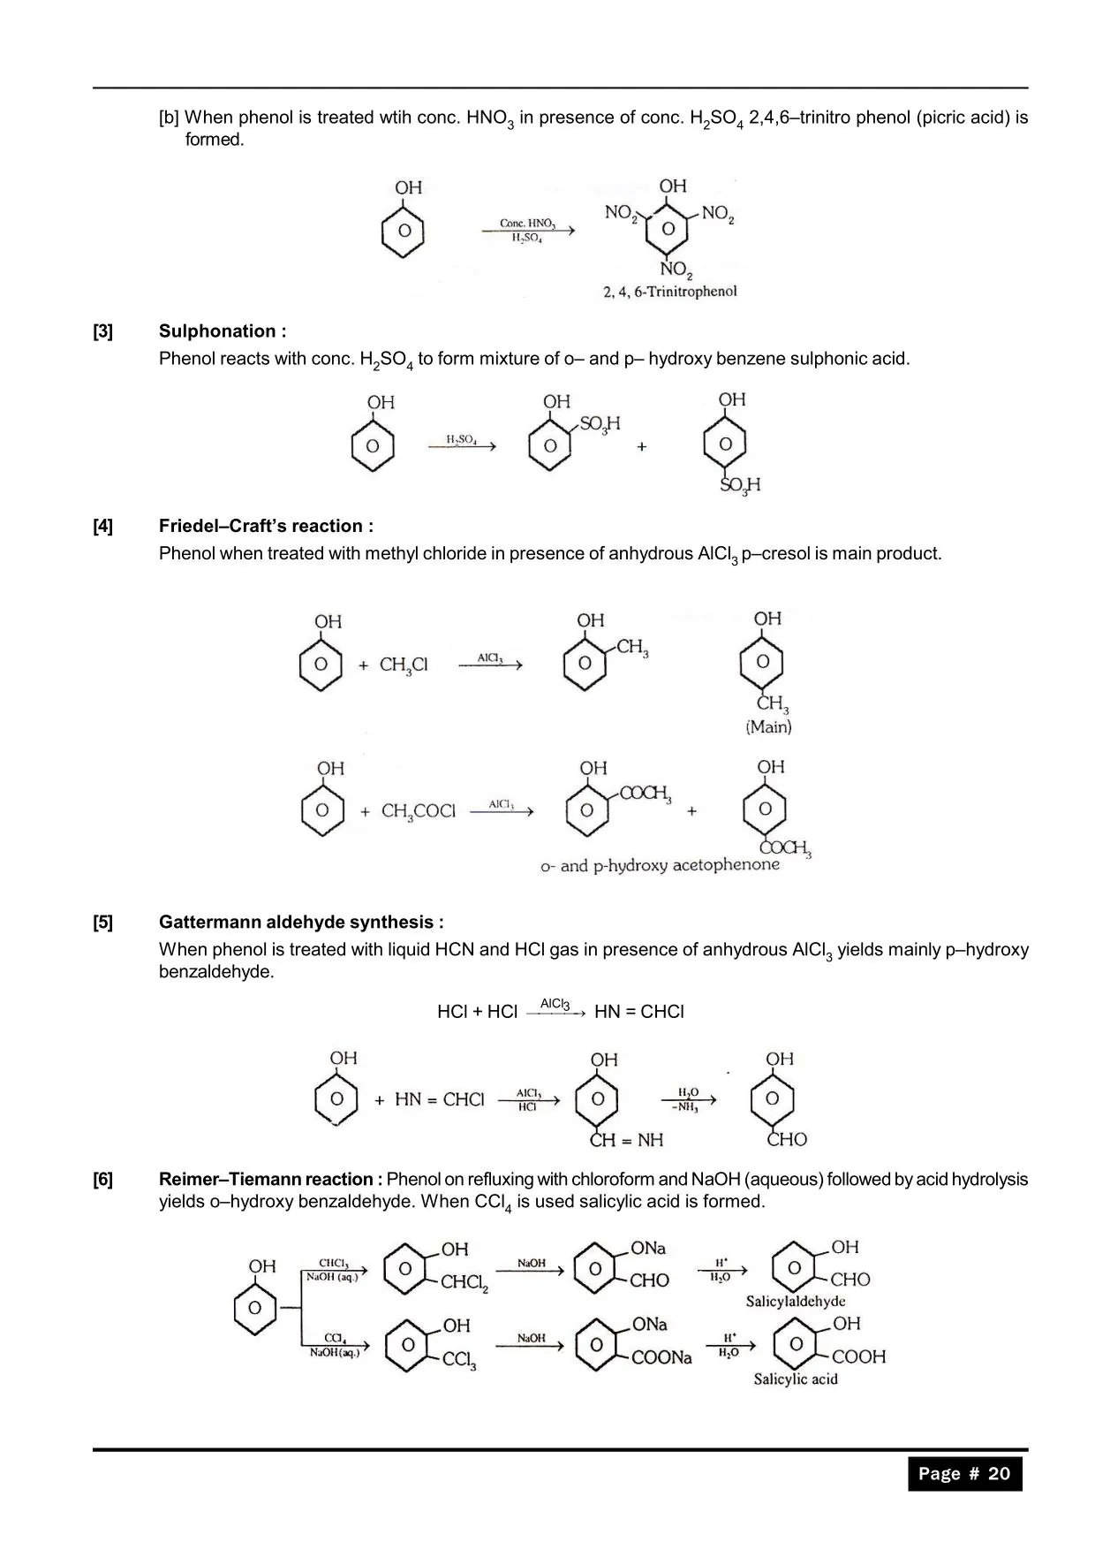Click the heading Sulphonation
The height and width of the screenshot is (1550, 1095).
tap(222, 331)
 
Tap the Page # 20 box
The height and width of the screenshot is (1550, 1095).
tap(964, 1473)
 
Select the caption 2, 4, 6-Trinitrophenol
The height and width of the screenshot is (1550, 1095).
tap(669, 292)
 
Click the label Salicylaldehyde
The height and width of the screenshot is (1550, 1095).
tap(795, 1301)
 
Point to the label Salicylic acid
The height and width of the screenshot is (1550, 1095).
tap(795, 1379)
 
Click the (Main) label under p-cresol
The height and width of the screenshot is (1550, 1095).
tap(768, 727)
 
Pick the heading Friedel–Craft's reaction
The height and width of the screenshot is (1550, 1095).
tap(266, 527)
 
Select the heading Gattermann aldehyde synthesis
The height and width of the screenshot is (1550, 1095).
tap(301, 923)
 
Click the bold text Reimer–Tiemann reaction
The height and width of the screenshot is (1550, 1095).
tap(270, 1180)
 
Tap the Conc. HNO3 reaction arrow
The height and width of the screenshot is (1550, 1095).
tap(528, 231)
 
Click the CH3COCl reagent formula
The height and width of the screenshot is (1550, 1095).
tap(419, 811)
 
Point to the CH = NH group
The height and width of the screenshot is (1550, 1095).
tap(626, 1140)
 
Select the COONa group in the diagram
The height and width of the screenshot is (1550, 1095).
tap(661, 1357)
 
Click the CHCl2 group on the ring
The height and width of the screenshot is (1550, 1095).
tap(464, 1282)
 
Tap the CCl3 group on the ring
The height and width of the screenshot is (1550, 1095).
tap(459, 1360)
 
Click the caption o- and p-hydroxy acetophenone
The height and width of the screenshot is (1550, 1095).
tap(660, 865)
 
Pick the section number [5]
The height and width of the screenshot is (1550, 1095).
tap(103, 923)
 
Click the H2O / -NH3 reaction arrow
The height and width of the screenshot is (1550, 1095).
tap(689, 1100)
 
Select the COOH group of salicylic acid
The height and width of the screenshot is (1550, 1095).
tap(858, 1356)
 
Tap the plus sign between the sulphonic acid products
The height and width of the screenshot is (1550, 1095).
tap(641, 447)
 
